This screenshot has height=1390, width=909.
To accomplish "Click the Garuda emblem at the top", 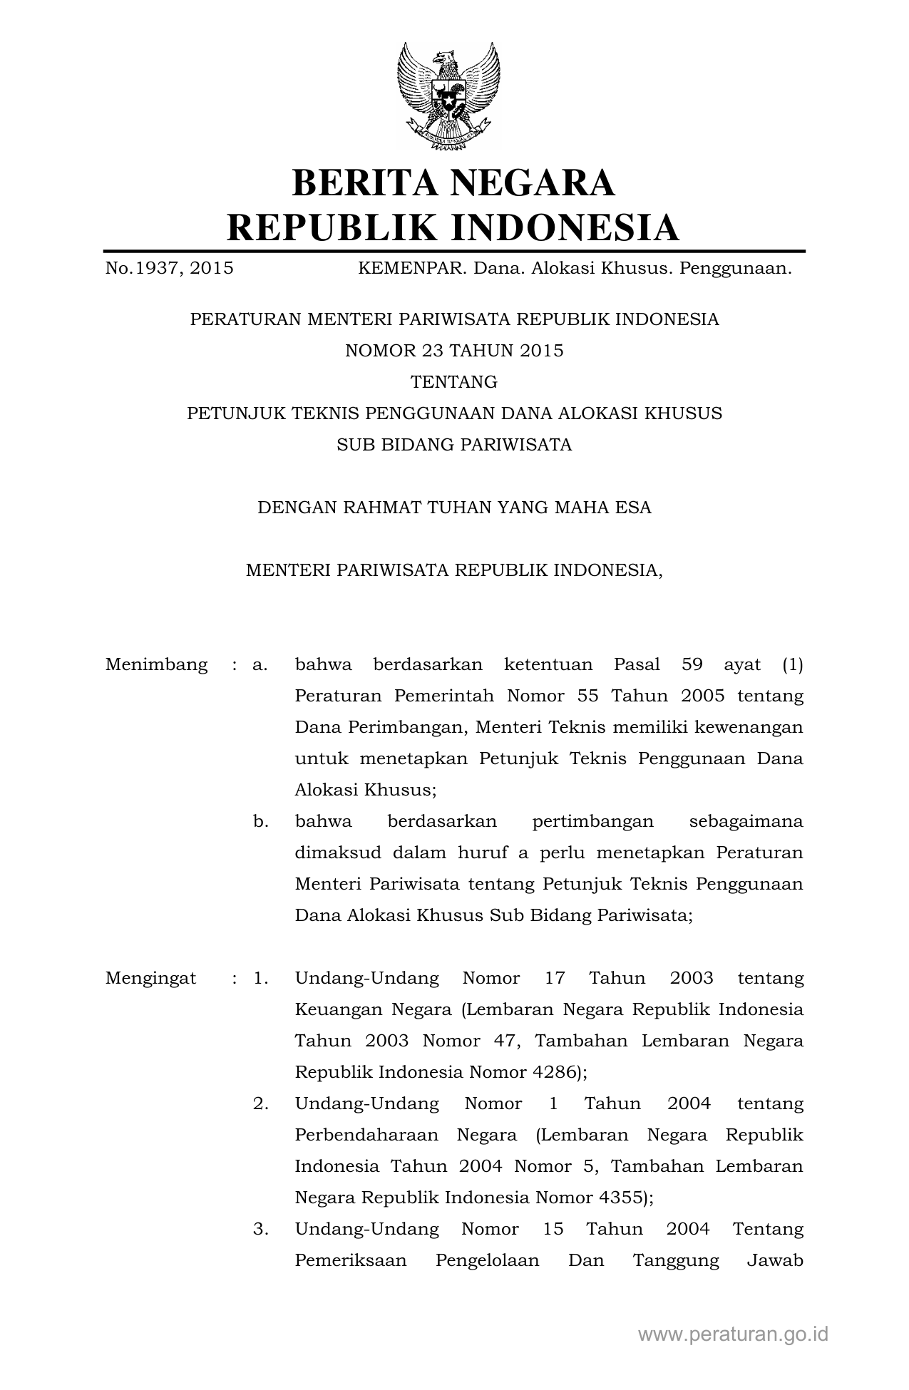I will click(448, 96).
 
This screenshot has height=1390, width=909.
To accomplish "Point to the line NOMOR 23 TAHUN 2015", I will click(454, 351).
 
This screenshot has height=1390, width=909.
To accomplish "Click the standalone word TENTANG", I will click(454, 382).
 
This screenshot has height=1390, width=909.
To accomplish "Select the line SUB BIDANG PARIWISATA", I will click(454, 445).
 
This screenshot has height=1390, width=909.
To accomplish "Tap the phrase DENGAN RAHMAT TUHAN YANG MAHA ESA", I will click(454, 508).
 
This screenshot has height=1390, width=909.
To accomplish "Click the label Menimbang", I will click(157, 665).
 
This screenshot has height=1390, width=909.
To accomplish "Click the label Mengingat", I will click(151, 978).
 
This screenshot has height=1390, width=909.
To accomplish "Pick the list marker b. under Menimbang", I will click(260, 821).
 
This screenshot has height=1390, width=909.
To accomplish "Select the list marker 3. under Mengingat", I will click(260, 1229).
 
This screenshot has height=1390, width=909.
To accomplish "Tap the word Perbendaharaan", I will click(365, 1135).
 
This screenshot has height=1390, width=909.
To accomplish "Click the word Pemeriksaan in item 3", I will click(351, 1260).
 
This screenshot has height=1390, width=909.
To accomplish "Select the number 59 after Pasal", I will click(692, 665).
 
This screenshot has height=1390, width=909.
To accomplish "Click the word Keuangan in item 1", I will click(337, 1009).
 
